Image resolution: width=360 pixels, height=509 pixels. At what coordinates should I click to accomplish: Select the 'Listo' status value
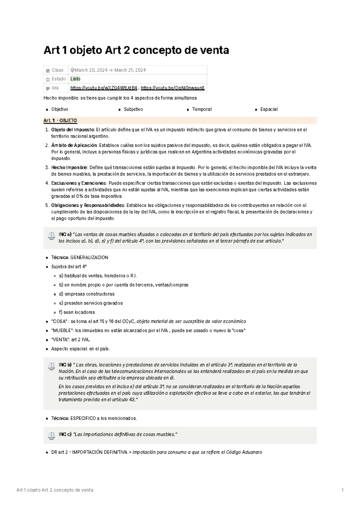pos(75,79)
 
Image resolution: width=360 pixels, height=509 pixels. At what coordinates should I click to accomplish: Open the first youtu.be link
pos(104,88)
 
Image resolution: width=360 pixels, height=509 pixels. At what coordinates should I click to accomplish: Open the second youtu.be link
pos(173,88)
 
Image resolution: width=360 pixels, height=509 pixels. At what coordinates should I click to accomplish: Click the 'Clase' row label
pos(57,70)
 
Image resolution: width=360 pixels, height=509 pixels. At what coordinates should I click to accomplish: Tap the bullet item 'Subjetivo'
pos(133,109)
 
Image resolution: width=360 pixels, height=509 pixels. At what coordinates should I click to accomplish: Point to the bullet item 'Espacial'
pos(269,109)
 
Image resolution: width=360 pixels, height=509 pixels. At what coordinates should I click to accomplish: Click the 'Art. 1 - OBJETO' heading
pos(60,121)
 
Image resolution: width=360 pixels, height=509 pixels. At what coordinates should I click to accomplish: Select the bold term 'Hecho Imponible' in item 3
pos(69,168)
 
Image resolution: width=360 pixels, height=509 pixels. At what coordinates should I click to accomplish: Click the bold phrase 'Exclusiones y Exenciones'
pos(79,183)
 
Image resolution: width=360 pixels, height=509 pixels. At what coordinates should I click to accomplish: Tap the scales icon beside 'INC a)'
pos(51,237)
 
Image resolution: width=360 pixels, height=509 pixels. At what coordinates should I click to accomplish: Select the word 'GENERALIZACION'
pos(89,258)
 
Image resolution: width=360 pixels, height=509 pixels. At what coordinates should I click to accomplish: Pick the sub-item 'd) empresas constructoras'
pos(86,294)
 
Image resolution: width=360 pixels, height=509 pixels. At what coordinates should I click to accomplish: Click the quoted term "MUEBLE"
pos(62,331)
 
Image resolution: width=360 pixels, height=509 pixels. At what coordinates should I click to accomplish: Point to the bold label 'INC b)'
pos(65,365)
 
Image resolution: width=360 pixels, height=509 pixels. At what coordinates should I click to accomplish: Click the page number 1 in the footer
pos(342,490)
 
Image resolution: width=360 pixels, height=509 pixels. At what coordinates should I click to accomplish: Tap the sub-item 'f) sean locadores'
pos(77,312)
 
